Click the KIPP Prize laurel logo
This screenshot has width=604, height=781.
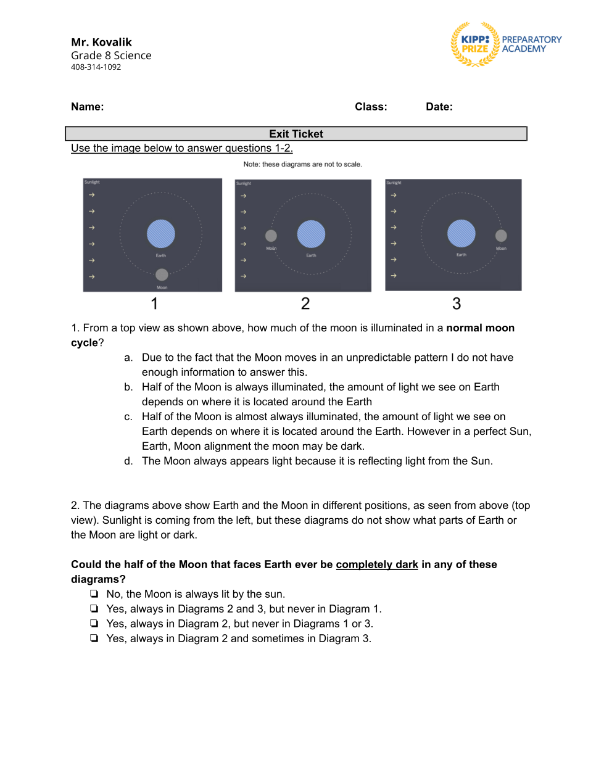click(x=475, y=44)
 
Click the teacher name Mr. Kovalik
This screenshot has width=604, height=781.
click(x=101, y=42)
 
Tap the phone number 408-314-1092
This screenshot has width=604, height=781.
click(x=96, y=67)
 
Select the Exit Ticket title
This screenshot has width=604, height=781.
click(x=296, y=134)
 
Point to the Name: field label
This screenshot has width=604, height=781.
click(x=87, y=107)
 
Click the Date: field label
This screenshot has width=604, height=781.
click(x=439, y=107)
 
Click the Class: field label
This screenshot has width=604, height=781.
click(x=371, y=107)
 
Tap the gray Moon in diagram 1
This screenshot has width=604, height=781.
click(x=162, y=275)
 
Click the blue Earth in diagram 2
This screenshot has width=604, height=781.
click(x=311, y=234)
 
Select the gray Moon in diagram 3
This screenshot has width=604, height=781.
click(x=501, y=236)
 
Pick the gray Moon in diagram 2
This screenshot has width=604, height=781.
click(x=271, y=236)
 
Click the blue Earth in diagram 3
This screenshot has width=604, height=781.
click(x=461, y=233)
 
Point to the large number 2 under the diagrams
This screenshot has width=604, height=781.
click(x=305, y=304)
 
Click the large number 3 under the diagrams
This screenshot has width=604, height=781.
click(x=457, y=304)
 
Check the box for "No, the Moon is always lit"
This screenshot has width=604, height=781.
click(x=94, y=594)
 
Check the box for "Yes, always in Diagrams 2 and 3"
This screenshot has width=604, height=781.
click(x=94, y=609)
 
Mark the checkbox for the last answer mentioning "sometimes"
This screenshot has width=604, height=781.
click(x=94, y=638)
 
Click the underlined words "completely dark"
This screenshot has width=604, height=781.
click(x=377, y=564)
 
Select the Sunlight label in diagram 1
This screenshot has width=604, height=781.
click(x=92, y=183)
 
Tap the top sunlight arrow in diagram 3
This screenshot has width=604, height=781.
click(x=394, y=196)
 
